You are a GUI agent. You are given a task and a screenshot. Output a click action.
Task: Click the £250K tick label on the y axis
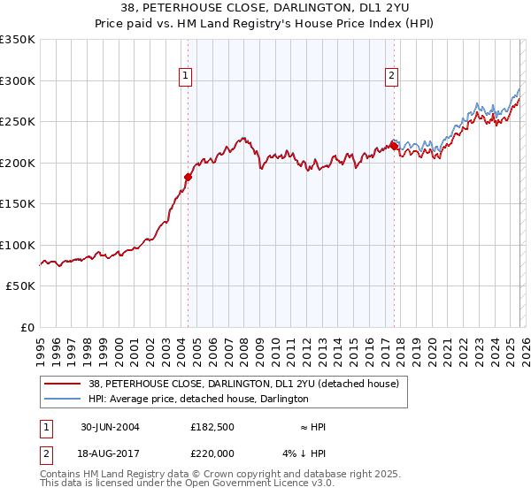tap(18, 122)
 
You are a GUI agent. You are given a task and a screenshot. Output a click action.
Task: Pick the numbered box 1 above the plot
tap(186, 77)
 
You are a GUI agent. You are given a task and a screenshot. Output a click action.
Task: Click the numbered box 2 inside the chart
tap(390, 77)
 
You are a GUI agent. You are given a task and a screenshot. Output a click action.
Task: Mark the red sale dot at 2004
tap(188, 177)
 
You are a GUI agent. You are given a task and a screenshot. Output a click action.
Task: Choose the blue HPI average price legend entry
tap(197, 399)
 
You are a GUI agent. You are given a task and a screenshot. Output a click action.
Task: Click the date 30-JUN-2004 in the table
tap(110, 427)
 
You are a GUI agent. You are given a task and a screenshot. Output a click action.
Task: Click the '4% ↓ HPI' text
tap(310, 453)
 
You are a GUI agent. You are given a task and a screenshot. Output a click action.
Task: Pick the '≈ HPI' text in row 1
tap(312, 427)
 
